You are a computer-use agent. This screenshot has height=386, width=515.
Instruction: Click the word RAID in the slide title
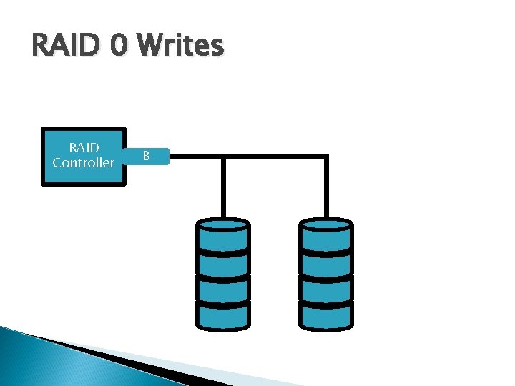[67, 46]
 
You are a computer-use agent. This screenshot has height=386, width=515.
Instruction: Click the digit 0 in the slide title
[121, 46]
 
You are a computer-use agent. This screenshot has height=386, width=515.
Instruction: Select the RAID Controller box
[84, 157]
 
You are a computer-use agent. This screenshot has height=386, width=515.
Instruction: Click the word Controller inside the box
[84, 163]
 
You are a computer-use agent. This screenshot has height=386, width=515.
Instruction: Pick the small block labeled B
[147, 156]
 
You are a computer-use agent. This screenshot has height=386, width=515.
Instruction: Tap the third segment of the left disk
[223, 289]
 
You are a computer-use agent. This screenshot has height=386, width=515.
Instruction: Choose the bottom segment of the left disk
[223, 315]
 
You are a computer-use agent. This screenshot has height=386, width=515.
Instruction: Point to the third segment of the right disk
[326, 289]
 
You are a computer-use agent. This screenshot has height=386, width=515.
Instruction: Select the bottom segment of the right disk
[326, 315]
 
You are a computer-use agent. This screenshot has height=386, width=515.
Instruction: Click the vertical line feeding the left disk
[223, 187]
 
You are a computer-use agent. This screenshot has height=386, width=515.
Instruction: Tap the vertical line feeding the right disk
[326, 187]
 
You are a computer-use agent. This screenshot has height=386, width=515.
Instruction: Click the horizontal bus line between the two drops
[275, 157]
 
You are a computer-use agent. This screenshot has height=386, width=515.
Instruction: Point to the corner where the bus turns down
[326, 157]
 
